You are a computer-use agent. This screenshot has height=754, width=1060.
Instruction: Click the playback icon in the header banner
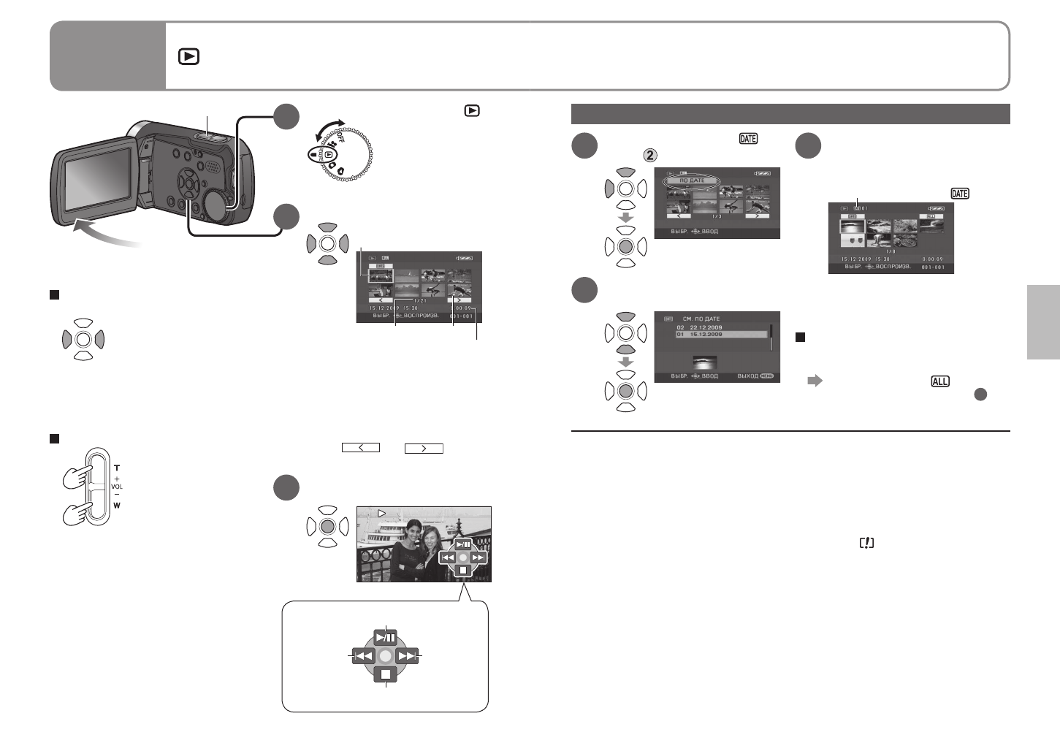click(188, 56)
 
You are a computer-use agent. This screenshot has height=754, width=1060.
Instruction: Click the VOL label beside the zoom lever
click(117, 487)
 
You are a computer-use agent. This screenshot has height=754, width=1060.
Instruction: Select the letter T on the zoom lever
click(117, 468)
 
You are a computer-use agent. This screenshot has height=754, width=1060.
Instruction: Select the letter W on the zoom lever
click(117, 505)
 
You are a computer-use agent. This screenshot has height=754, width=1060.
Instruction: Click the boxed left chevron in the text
click(361, 448)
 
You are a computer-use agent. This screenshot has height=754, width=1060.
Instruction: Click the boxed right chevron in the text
click(424, 448)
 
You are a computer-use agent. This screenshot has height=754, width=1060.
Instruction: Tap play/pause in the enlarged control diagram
click(386, 637)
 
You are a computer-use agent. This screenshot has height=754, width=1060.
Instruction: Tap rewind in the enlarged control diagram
click(364, 655)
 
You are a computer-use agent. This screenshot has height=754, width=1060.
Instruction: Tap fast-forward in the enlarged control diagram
click(407, 655)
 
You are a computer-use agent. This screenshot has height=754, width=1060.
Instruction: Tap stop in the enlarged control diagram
click(386, 674)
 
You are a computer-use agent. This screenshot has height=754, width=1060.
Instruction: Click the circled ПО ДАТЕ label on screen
click(691, 180)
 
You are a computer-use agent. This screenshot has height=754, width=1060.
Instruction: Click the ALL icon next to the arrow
click(939, 381)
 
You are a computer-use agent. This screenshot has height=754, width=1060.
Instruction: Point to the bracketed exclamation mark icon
click(867, 543)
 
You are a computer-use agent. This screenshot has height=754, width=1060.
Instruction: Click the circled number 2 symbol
click(649, 155)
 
